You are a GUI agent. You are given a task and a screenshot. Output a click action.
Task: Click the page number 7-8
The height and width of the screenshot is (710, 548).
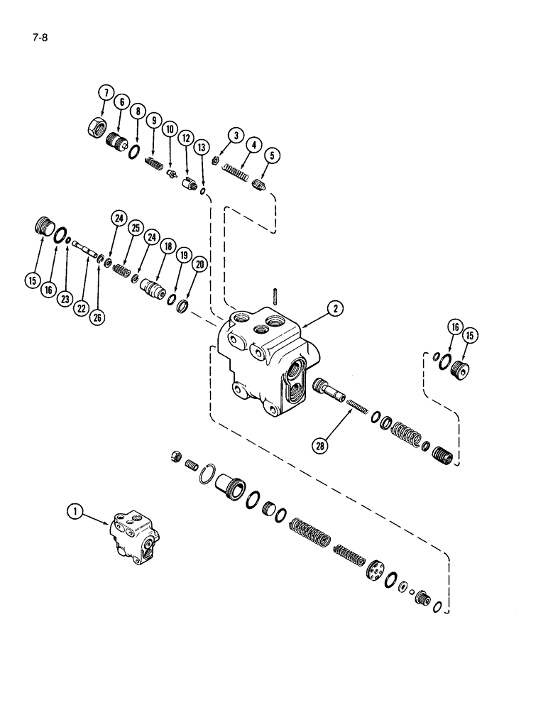point(38,31)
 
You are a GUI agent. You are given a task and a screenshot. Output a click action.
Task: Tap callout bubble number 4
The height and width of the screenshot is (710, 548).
point(252,145)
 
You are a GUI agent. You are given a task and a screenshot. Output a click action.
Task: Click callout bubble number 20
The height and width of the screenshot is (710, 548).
point(199,263)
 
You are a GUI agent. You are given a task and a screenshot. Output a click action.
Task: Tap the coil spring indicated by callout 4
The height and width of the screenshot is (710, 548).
point(234,170)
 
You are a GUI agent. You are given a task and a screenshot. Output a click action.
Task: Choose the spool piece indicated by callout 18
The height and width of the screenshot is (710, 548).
point(154,290)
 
